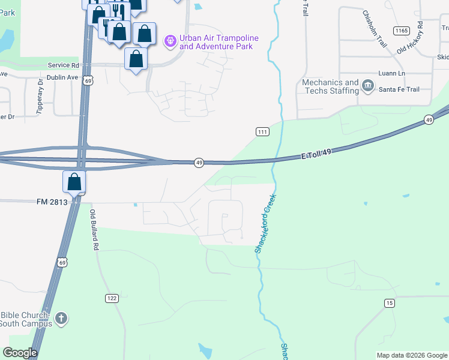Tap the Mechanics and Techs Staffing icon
click(x=368, y=87)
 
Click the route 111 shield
click(x=262, y=132)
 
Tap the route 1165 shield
click(x=400, y=30)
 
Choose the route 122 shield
click(x=112, y=298)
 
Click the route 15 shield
click(x=390, y=304)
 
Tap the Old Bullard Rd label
click(x=94, y=230)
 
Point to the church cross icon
click(x=61, y=318)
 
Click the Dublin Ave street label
click(x=64, y=77)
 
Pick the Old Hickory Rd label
click(x=411, y=38)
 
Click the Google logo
click(x=20, y=353)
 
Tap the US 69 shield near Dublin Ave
click(x=88, y=80)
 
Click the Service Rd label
click(x=64, y=65)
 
